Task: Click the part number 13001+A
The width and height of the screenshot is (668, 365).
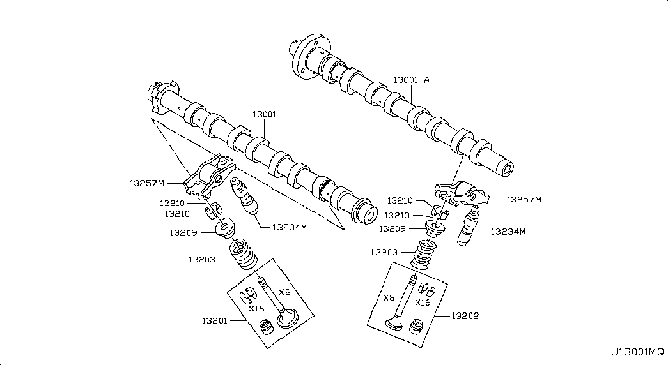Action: pos(411,80)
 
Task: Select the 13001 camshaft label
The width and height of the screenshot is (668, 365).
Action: pos(264,114)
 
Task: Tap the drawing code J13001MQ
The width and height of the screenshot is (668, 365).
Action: pos(637,352)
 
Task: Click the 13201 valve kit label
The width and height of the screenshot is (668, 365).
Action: pos(214,321)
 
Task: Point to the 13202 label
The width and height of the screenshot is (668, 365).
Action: pos(465,316)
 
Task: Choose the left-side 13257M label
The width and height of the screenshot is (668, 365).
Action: pos(147,183)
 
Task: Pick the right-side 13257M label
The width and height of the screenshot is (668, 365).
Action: pos(524,200)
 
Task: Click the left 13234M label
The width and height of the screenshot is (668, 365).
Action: pos(290,227)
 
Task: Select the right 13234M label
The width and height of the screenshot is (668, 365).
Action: pos(508,232)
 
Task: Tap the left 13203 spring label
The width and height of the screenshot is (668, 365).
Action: pos(201,260)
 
